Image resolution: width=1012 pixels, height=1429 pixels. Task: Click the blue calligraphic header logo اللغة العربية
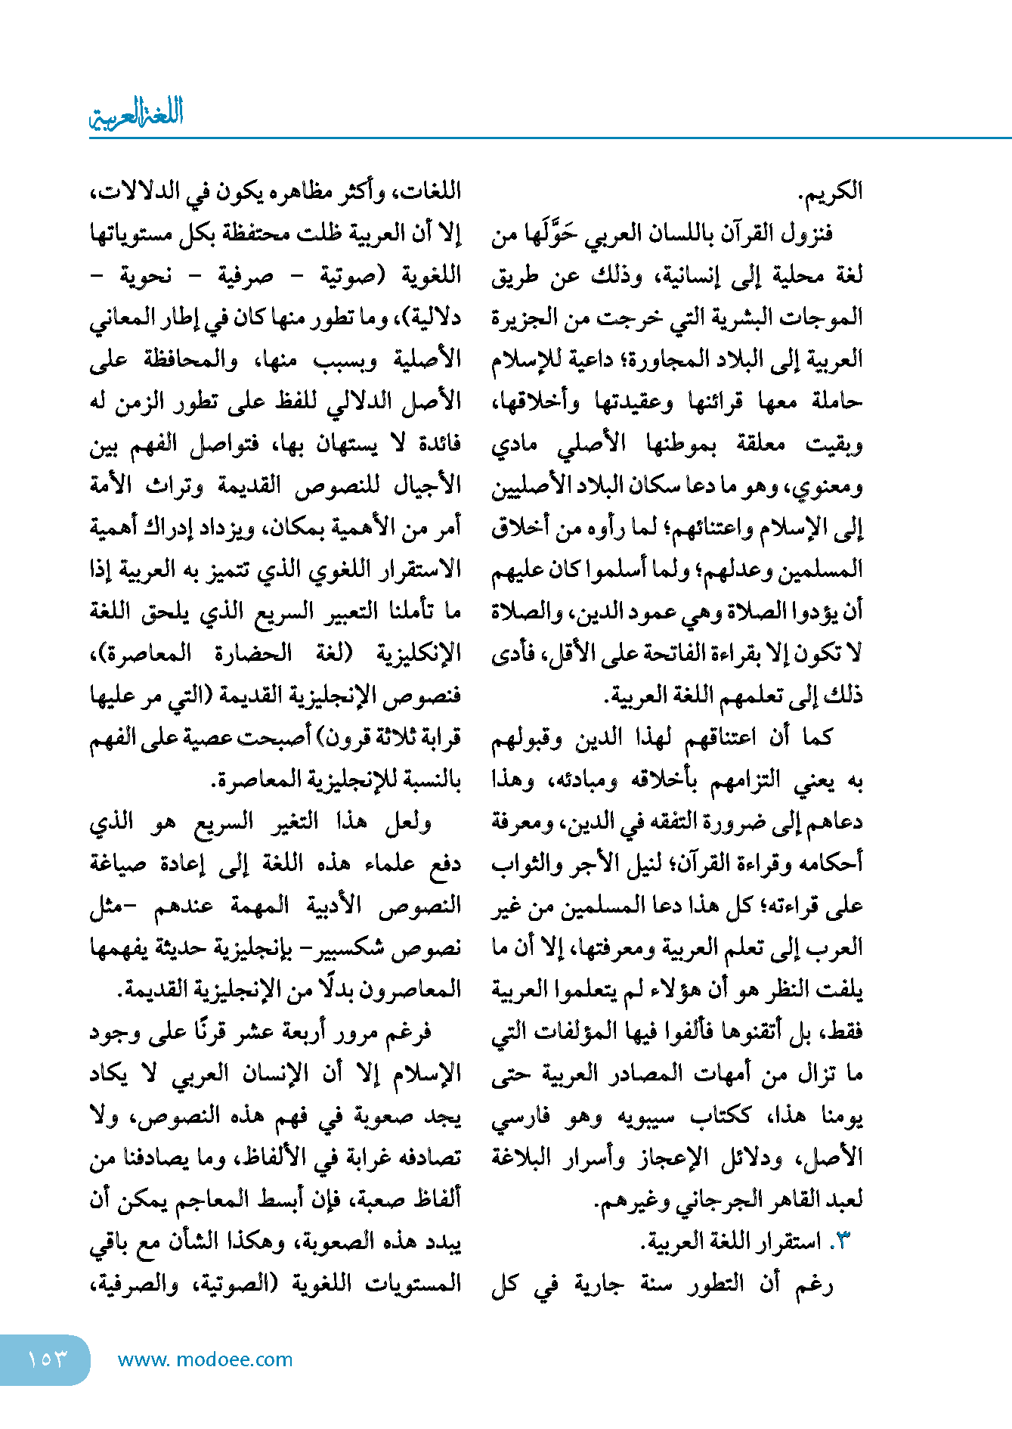pyautogui.click(x=136, y=114)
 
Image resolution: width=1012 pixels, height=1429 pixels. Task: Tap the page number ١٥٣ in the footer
pyautogui.click(x=47, y=1359)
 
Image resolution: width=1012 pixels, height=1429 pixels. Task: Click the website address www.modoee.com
pyautogui.click(x=205, y=1359)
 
